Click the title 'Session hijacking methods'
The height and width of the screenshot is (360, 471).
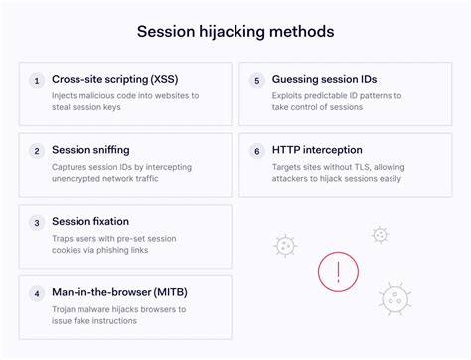pos(235,31)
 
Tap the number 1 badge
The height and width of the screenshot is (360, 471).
pos(37,80)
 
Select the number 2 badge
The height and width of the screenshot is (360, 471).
pos(37,151)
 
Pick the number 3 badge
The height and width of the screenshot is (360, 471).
pos(37,223)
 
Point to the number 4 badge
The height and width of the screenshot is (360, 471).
pos(37,294)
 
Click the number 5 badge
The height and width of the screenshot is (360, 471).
pos(256,80)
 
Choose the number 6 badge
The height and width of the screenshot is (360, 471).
pos(256,151)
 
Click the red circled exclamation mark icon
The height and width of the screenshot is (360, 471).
pos(338,270)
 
